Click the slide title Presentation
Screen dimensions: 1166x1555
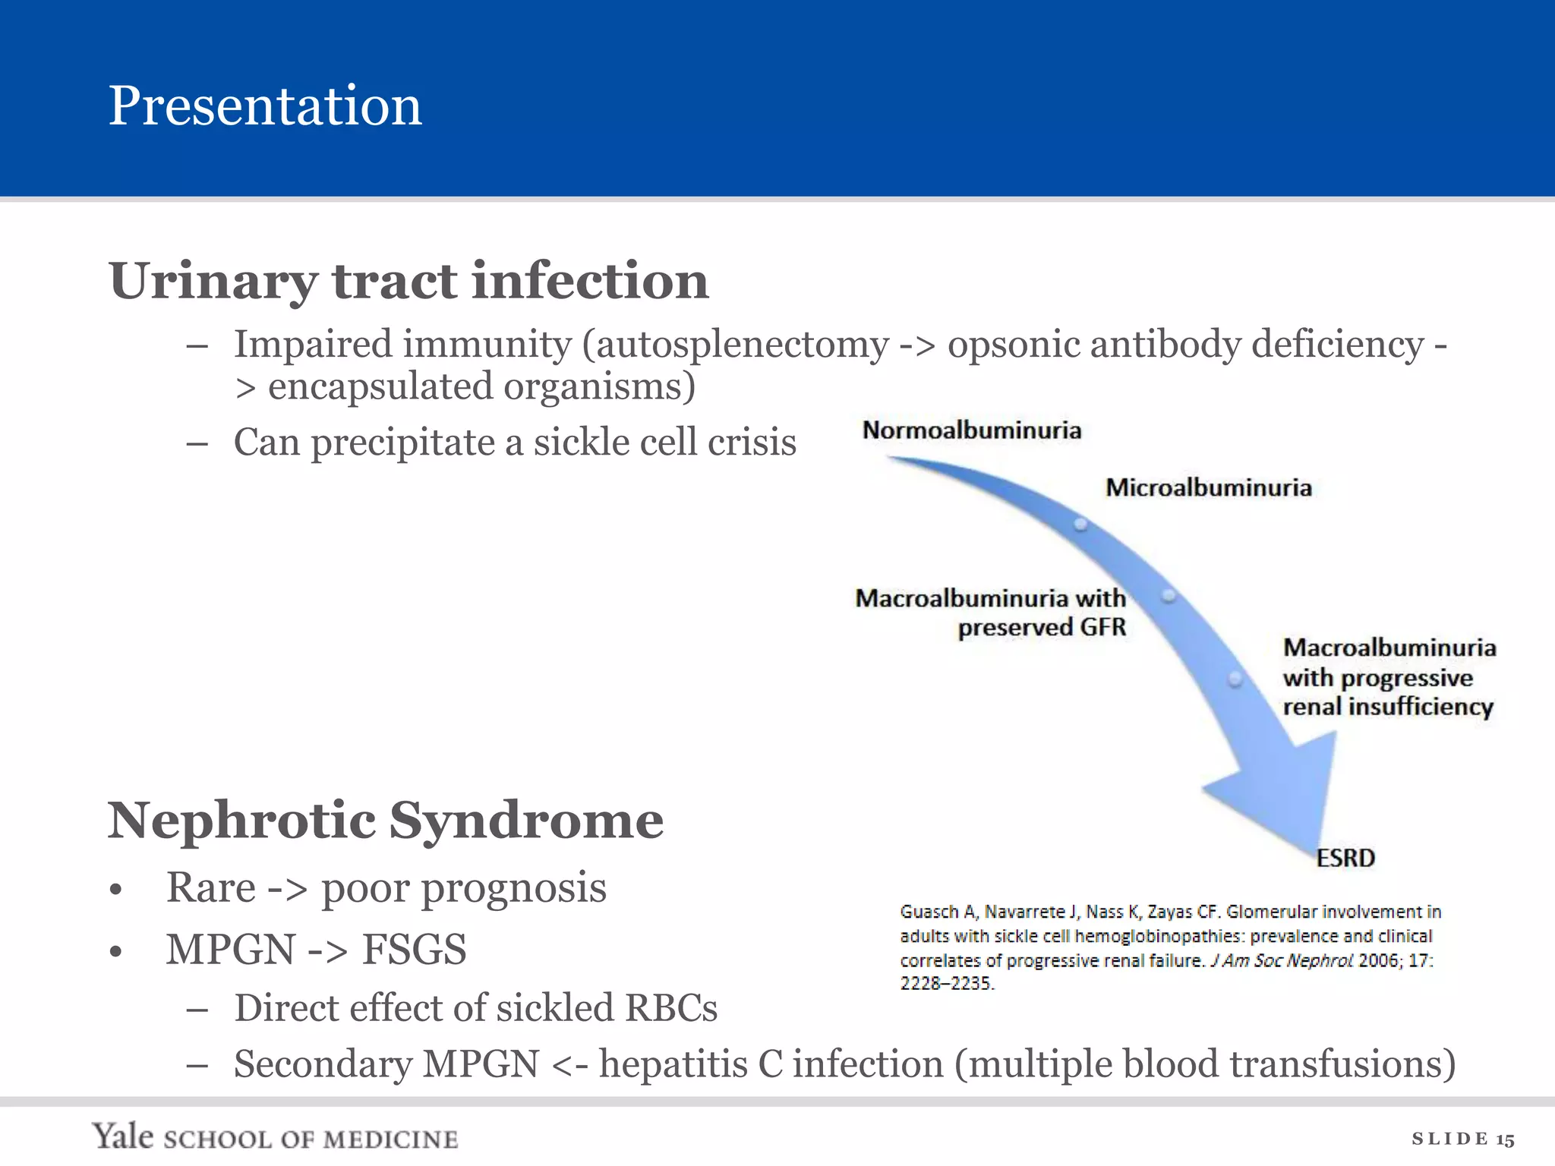coord(265,106)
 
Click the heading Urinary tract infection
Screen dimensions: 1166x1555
coord(408,281)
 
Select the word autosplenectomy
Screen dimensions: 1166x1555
coord(742,345)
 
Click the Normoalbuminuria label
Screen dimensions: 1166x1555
coord(971,430)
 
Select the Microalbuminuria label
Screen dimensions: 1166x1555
coord(1208,487)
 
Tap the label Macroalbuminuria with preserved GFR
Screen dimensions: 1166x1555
coord(991,613)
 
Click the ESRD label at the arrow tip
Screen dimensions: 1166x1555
coord(1345,858)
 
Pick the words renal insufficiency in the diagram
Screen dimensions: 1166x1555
coord(1388,707)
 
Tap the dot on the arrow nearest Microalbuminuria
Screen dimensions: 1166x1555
coord(1080,525)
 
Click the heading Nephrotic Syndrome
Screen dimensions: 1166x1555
coord(386,821)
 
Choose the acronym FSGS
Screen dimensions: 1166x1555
coord(414,950)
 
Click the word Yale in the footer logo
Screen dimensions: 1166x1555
coord(123,1136)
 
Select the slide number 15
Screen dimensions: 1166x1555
coord(1505,1139)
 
